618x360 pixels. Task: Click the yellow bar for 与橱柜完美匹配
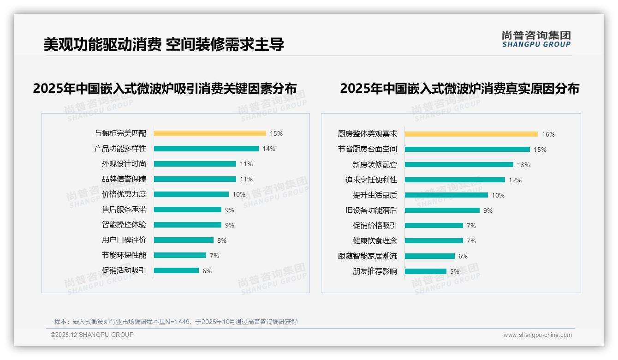click(x=210, y=133)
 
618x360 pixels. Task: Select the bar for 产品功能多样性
click(x=206, y=149)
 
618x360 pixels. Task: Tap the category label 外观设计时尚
click(x=124, y=164)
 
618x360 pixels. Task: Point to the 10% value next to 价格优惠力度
click(x=238, y=194)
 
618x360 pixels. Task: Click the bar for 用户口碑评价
click(x=184, y=240)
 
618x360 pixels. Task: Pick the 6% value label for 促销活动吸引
click(x=207, y=271)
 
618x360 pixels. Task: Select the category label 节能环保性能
click(x=124, y=255)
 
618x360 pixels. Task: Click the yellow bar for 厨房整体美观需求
click(x=471, y=134)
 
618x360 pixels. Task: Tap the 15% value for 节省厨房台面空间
click(x=540, y=150)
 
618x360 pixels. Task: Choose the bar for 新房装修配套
click(x=459, y=165)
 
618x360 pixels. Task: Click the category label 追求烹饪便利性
click(x=371, y=180)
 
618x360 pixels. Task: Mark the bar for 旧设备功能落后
click(x=442, y=210)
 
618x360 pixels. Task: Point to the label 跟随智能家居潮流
click(x=367, y=256)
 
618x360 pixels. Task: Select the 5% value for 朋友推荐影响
click(x=454, y=271)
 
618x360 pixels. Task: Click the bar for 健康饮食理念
click(x=434, y=241)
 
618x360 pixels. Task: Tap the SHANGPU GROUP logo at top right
click(x=536, y=39)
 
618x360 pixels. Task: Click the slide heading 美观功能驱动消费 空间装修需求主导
click(x=164, y=44)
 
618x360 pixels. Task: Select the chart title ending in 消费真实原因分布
click(x=459, y=88)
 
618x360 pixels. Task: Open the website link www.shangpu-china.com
click(x=537, y=335)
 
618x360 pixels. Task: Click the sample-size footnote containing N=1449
click(x=176, y=322)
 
